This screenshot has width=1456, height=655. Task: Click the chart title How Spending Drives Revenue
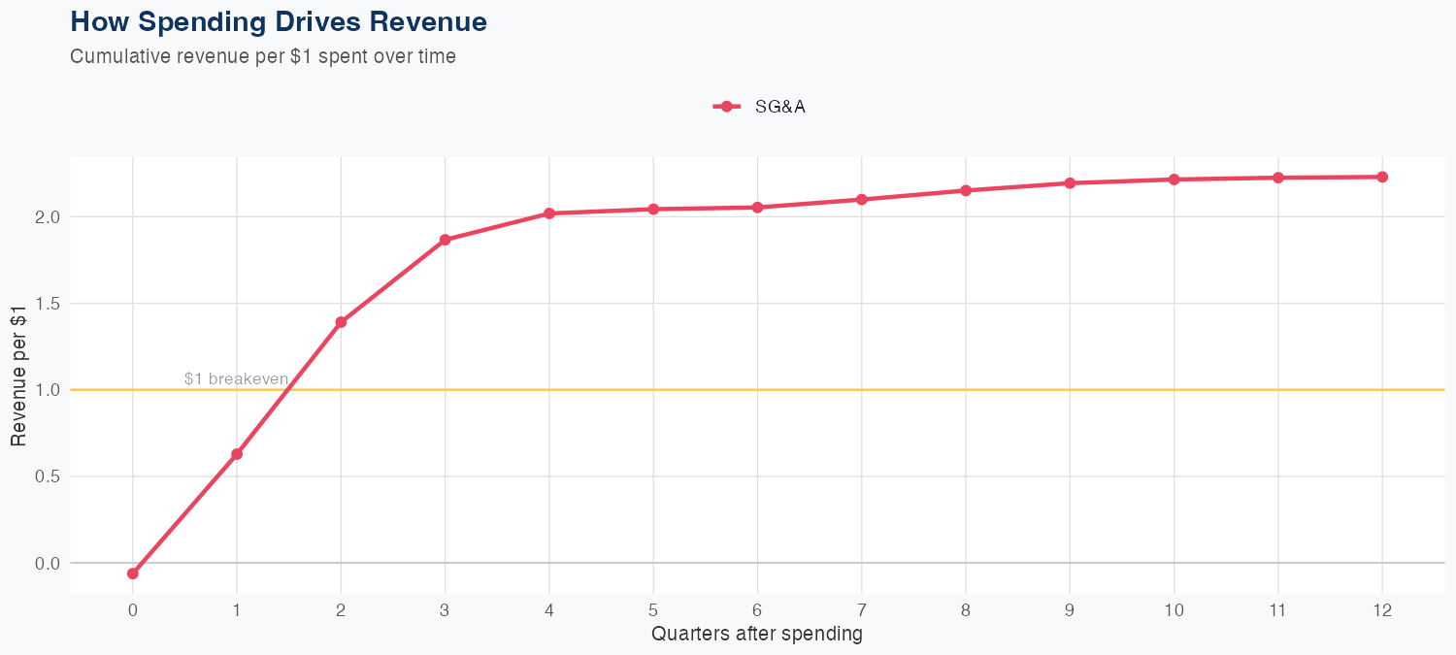point(279,21)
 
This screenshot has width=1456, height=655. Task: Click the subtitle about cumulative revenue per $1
point(263,56)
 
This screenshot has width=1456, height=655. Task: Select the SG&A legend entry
point(760,107)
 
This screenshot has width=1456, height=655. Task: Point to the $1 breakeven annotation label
point(236,378)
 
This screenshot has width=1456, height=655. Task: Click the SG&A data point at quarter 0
point(133,573)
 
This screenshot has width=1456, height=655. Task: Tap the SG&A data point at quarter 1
point(237,454)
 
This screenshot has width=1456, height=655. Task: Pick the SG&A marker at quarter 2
point(341,322)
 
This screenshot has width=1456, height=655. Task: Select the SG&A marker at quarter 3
point(445,240)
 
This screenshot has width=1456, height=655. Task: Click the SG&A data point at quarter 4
point(549,213)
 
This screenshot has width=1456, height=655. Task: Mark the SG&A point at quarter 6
point(757,208)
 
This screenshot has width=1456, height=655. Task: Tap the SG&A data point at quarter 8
point(966,190)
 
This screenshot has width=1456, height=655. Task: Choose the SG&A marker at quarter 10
point(1174,180)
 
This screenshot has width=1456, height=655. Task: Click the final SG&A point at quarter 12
point(1382,177)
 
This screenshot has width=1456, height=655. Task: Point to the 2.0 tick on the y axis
point(49,216)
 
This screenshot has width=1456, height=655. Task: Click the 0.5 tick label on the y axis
point(49,476)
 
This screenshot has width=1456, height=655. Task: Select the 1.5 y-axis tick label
point(49,303)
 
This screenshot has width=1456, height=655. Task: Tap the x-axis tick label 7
point(861,610)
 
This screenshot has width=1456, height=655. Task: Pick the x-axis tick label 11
point(1277,610)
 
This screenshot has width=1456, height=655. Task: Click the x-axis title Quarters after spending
point(757,635)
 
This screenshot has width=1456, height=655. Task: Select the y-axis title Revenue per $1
point(19,389)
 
